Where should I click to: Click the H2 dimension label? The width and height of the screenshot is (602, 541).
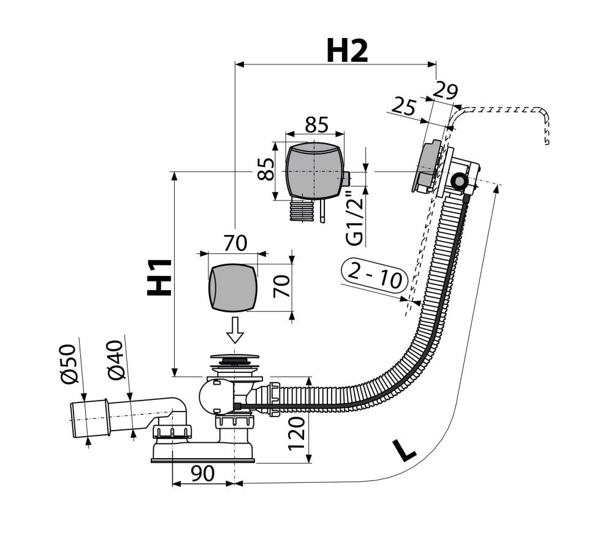[347, 51]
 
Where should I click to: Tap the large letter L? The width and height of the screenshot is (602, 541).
[404, 450]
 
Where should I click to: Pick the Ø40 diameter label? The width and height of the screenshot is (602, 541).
[116, 359]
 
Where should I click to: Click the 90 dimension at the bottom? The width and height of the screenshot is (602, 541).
[202, 474]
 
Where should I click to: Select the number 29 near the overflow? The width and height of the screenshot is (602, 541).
[445, 91]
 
